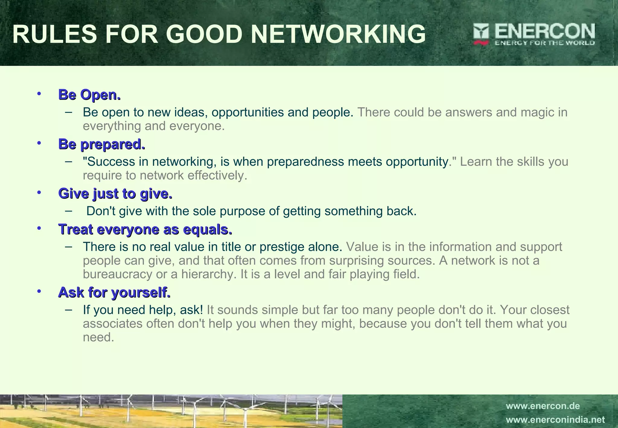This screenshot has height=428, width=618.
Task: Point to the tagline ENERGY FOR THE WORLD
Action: pyautogui.click(x=544, y=43)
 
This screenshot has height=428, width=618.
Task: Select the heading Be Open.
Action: pyautogui.click(x=89, y=95)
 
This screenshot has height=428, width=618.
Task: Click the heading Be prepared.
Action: pyautogui.click(x=102, y=144)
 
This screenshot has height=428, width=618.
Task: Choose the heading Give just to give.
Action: pyautogui.click(x=115, y=193)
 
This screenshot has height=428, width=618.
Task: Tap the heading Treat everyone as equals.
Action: pyautogui.click(x=145, y=229)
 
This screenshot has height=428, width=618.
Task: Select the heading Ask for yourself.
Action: pyautogui.click(x=114, y=292)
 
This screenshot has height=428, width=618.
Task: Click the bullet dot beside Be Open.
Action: pyautogui.click(x=39, y=94)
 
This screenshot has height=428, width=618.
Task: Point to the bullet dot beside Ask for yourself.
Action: pyautogui.click(x=39, y=291)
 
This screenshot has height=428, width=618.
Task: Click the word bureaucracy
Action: pyautogui.click(x=118, y=274)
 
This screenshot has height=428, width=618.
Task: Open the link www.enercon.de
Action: pyautogui.click(x=543, y=406)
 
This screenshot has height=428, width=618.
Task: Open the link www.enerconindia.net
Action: pyautogui.click(x=555, y=420)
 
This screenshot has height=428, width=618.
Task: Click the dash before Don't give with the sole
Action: pyautogui.click(x=68, y=210)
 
